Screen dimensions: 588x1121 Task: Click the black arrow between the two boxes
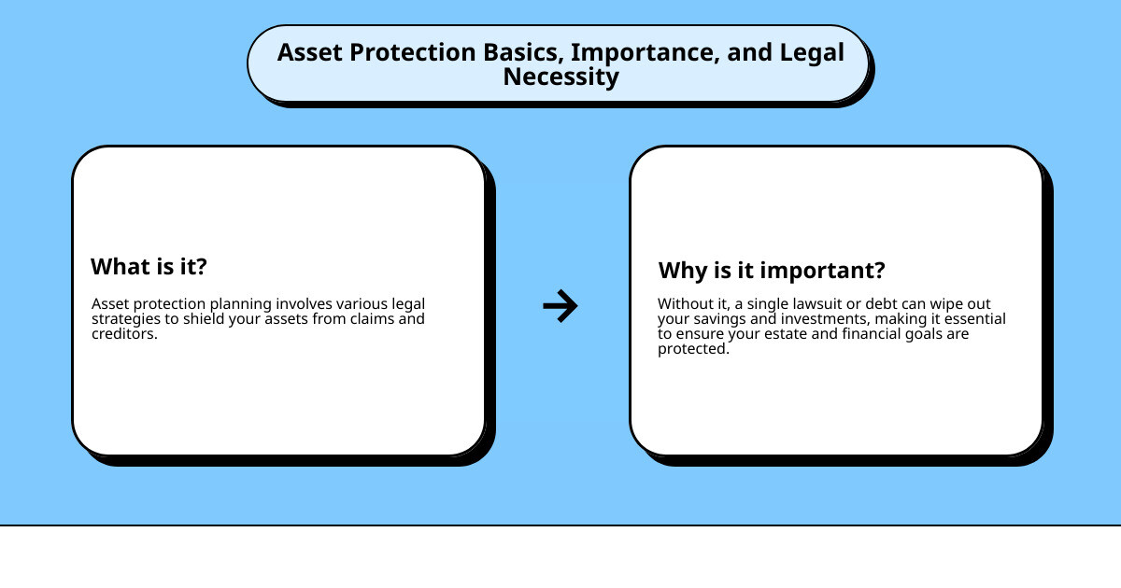tap(560, 305)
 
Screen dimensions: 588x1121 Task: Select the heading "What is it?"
tap(149, 267)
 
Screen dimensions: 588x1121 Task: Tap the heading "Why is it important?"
tap(772, 271)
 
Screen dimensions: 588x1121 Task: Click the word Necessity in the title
tap(560, 77)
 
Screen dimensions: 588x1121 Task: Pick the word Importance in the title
tap(648, 52)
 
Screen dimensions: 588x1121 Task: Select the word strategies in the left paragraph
tap(123, 319)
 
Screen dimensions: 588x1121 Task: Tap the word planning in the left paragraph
tap(245, 304)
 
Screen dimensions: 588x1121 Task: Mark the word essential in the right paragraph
tap(974, 319)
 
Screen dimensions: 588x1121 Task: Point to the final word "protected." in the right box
tap(693, 349)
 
